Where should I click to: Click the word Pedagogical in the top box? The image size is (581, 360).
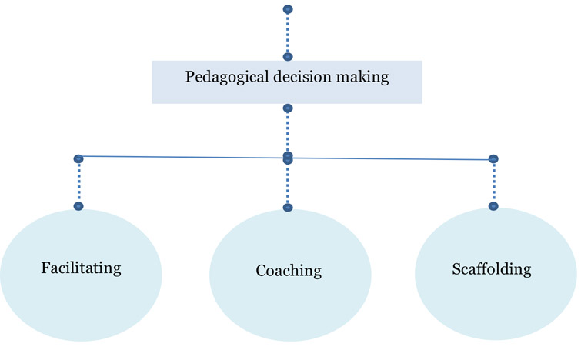coord(222,77)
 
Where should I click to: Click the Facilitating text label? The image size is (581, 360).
coord(82,268)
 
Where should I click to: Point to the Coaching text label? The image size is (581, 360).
coord(288,271)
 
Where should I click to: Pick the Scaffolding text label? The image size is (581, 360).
coord(493,269)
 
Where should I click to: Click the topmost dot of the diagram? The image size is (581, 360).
coord(288,9)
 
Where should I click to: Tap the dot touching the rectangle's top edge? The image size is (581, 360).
coord(288,56)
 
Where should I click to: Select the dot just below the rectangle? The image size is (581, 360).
coord(288,108)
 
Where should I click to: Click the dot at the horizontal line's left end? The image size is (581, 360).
coord(78,158)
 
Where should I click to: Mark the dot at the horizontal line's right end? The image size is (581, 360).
coord(493,159)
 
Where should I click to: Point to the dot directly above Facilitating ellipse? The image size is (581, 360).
coord(78,206)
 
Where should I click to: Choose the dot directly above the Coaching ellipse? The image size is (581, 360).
coord(288,207)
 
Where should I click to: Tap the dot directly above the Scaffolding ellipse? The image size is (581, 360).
coord(493,206)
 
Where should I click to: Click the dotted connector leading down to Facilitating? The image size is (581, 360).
coord(78,182)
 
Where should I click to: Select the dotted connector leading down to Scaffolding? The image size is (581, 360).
coord(493,183)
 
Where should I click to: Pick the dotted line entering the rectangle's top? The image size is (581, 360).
coord(288,33)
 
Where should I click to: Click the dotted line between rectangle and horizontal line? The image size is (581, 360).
coord(288,132)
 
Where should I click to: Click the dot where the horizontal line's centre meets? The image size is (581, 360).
coord(288,157)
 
